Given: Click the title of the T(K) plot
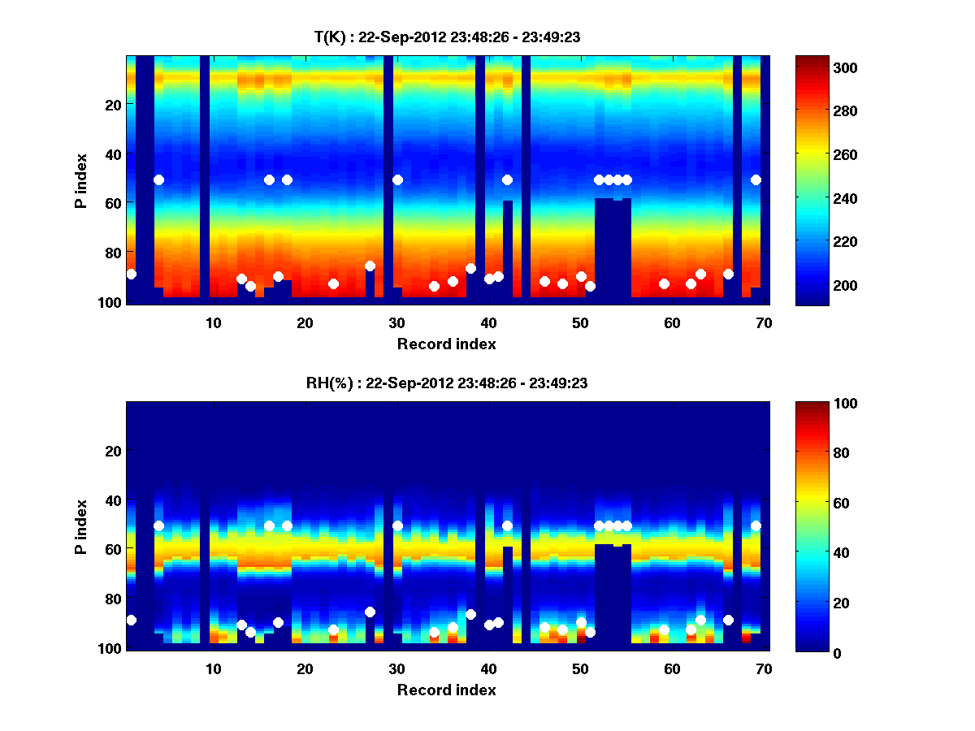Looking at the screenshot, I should [446, 37].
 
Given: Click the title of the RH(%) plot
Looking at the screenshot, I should [446, 383].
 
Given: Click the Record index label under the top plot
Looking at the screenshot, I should [446, 344].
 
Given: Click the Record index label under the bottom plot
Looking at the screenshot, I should [446, 690].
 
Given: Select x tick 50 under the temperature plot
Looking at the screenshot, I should [580, 322].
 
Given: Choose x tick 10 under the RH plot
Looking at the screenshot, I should [213, 668].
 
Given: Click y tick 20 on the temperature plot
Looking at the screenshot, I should [113, 104].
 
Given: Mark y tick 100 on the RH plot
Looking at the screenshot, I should [110, 648].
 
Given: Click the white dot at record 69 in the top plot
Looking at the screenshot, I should [756, 180].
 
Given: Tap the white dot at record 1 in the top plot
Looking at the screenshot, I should [132, 274].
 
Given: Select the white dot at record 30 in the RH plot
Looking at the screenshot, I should [397, 526].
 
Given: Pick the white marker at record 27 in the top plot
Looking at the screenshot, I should [370, 266].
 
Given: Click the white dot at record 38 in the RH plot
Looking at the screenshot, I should [470, 614].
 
